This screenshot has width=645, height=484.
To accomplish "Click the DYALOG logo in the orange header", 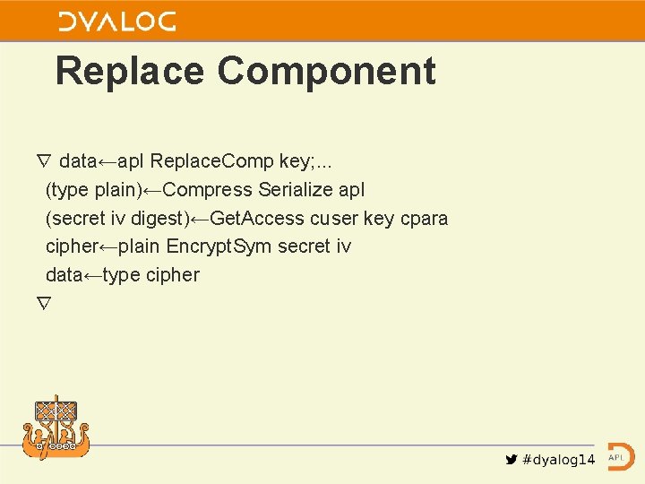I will (117, 22).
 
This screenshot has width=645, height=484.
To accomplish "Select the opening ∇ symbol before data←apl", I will (44, 161).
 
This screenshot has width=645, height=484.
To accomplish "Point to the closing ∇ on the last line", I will (44, 303).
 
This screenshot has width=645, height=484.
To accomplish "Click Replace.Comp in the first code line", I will (213, 161).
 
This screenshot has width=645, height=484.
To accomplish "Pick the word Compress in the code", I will (210, 190).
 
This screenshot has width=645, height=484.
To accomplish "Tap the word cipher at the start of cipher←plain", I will (71, 246).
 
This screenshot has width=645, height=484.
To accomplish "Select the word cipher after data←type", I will (171, 275).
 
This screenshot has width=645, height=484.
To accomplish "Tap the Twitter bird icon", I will (512, 460).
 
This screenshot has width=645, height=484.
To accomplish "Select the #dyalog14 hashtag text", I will (558, 460).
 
